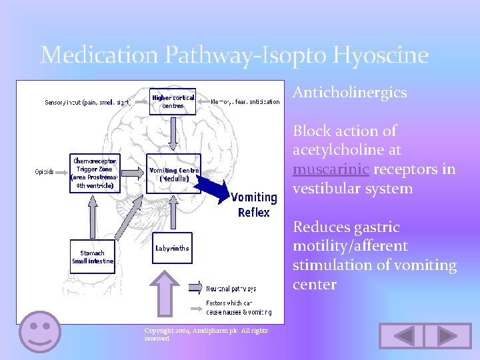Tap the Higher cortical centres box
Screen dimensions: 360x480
pos(173,101)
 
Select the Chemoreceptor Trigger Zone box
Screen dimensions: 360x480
pos(95,173)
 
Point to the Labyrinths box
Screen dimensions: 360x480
pos(172,248)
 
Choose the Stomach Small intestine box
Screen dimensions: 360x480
pos(93,257)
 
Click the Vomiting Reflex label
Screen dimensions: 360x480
pos(253,205)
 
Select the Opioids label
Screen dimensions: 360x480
pos(45,171)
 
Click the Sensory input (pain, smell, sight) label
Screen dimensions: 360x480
pos(87,102)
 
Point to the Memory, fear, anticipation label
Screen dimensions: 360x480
pos(245,102)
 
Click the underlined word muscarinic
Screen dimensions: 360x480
pos(331,169)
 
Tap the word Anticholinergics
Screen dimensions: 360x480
pos(350,93)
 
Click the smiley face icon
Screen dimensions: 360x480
pos(40,331)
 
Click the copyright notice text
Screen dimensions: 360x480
pos(206,334)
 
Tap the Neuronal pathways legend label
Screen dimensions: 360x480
pos(231,289)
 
